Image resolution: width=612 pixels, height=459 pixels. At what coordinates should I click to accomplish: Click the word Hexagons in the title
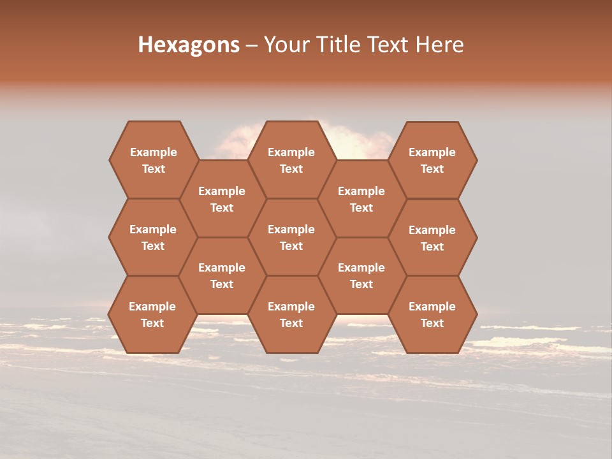pos(189,45)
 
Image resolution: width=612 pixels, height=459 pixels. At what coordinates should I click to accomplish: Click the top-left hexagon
pos(153,160)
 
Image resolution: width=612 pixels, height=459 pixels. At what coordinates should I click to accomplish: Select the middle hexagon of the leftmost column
pos(153,237)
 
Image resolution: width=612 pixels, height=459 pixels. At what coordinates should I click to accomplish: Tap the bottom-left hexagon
pos(152,314)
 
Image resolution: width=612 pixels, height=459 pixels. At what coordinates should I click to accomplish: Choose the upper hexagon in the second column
pos(222,199)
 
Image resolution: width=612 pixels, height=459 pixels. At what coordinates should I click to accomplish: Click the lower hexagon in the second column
pos(222,275)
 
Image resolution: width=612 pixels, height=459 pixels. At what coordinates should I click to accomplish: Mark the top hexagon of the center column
pos(291,160)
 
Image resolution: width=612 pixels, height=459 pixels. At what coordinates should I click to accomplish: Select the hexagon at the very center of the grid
pos(291,237)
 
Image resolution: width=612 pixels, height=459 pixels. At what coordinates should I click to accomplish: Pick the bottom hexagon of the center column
pos(291,314)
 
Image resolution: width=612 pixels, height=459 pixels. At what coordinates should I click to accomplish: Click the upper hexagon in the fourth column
pos(361,199)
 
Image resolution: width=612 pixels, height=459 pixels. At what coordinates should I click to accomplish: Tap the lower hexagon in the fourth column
pos(361,275)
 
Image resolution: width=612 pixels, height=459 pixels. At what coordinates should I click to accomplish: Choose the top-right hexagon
pos(432,160)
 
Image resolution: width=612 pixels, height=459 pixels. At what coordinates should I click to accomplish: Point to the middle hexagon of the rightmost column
pos(432,238)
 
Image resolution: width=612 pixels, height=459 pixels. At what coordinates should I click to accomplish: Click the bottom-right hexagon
pos(432,314)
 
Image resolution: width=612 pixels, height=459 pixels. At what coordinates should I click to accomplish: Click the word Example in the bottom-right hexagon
pos(432,307)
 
